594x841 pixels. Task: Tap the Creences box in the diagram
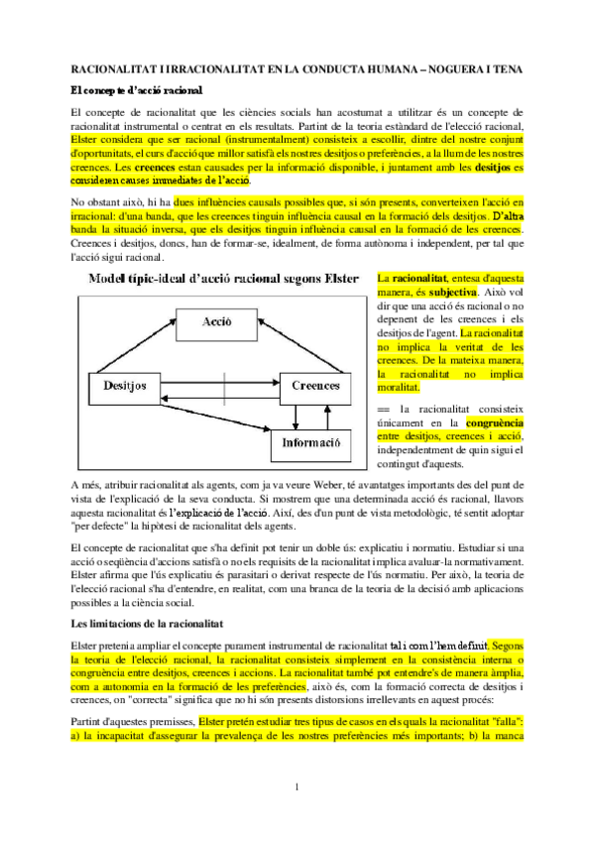point(315,385)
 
